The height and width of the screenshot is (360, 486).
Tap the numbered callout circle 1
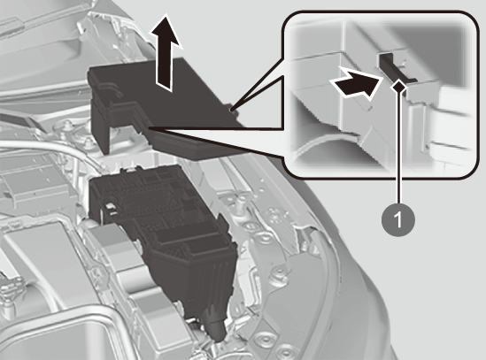coord(398,219)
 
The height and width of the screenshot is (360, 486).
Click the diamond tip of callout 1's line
coord(399,87)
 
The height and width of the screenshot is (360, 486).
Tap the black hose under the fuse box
coord(214,322)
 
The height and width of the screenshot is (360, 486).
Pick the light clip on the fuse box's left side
coord(109,209)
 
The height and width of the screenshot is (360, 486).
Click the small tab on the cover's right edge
coord(233,111)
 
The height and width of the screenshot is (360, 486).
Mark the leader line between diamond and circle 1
coord(399,148)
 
